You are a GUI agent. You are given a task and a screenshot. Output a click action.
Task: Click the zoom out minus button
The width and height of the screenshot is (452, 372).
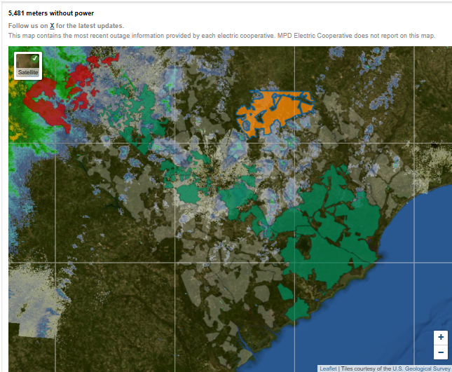[441, 352]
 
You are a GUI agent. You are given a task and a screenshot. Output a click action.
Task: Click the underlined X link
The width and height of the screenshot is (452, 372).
[52, 26]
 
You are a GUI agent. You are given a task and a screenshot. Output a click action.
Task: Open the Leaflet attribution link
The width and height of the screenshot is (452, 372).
[328, 368]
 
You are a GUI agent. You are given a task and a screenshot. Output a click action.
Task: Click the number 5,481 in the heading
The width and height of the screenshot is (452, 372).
[19, 13]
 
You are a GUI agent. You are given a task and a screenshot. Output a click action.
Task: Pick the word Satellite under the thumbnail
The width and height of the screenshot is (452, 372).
[28, 72]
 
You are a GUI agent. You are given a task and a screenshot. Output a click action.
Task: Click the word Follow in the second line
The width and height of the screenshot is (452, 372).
[18, 26]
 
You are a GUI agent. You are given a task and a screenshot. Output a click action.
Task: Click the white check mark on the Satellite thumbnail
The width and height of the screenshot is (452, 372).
[35, 57]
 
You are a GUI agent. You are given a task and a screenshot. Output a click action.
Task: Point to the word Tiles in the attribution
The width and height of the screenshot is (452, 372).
[348, 368]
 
